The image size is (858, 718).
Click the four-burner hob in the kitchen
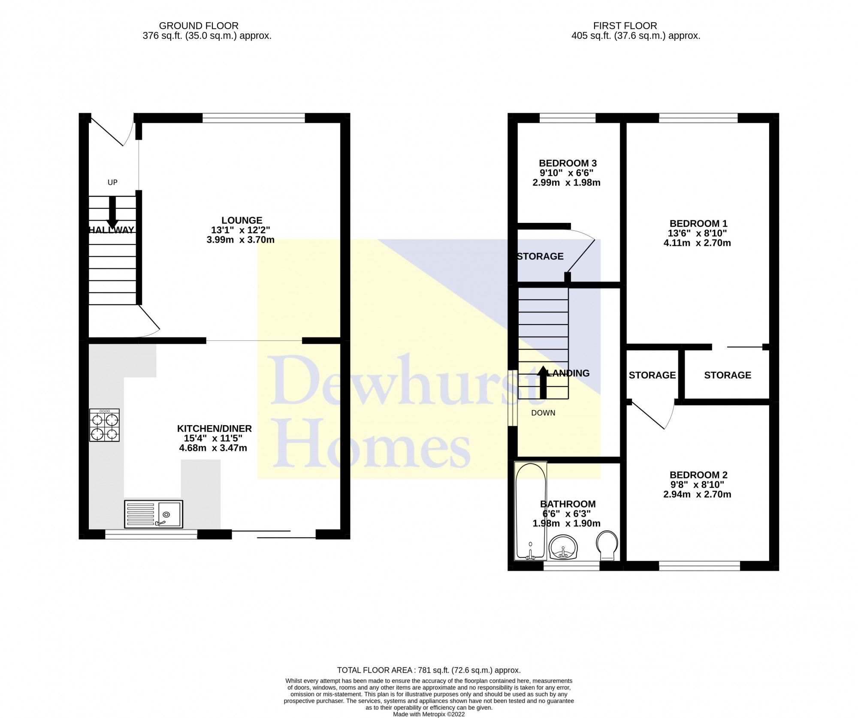pos(104,425)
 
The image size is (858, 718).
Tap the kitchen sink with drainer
pos(154,514)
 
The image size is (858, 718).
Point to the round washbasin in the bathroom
pos(563,547)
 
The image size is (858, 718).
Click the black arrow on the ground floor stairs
pos(112,213)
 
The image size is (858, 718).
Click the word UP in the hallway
pos(112,183)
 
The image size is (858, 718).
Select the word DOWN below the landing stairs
pos(543,413)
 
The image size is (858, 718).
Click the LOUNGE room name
pos(242,220)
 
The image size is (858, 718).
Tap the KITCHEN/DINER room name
pos(214,428)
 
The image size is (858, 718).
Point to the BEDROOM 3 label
pos(568,163)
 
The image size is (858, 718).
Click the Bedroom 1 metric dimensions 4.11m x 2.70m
pos(697,243)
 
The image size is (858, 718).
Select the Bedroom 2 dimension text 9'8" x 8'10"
pos(697,484)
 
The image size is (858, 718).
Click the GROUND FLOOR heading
pos(199,26)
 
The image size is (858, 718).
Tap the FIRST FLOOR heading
pos(625,26)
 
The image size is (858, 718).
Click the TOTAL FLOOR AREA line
pos(429,670)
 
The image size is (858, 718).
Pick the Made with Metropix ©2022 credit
pos(429,714)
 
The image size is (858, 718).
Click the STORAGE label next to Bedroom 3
pos(540,256)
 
